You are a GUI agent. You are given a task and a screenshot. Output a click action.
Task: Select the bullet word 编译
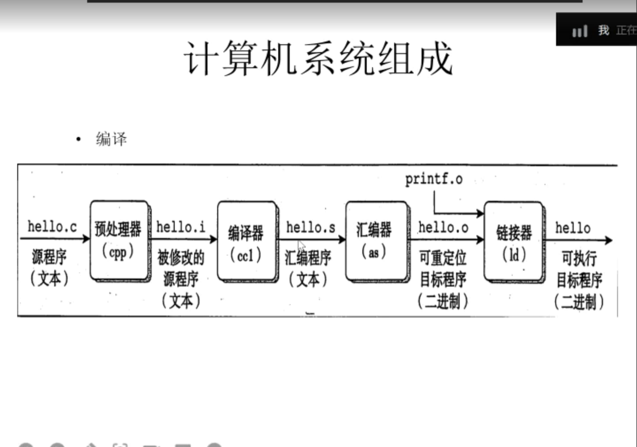coord(111,139)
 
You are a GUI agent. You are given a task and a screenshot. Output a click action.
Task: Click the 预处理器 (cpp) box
coord(118,240)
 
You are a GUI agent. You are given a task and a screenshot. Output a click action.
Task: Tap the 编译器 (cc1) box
coord(246,241)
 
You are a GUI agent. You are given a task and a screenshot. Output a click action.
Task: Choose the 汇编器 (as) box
coord(374,241)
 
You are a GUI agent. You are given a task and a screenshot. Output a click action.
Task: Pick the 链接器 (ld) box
coord(514,241)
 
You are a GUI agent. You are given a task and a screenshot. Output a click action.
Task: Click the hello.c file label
coord(52,226)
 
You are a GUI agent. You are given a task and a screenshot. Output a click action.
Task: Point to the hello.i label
coord(180,227)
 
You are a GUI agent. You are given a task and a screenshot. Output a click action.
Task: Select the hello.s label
coord(311,227)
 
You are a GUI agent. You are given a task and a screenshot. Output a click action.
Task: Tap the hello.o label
coord(443,227)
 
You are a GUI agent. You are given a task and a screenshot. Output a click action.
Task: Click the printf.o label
coord(434,179)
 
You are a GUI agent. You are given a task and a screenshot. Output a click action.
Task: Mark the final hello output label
coord(573,228)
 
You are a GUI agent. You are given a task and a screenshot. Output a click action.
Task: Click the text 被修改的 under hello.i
coord(181,257)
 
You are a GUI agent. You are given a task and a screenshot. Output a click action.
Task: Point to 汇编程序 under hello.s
coord(308,257)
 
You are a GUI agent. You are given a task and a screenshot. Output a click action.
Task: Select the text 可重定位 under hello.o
coord(443,257)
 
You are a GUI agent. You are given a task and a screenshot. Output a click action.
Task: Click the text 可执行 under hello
coord(579,258)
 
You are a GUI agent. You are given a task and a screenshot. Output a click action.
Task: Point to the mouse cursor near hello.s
coord(301,245)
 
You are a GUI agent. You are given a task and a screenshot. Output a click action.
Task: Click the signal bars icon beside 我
coord(579,31)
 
